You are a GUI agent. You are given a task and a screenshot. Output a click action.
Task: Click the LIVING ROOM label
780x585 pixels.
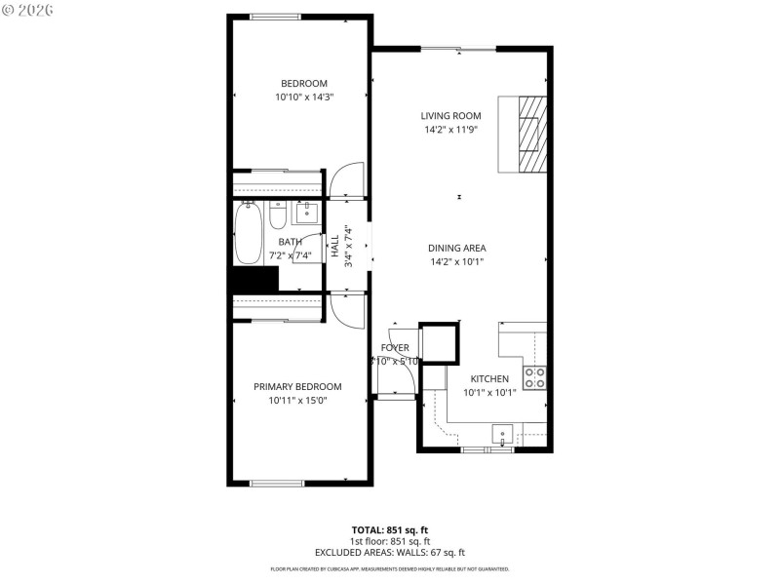(x=451, y=116)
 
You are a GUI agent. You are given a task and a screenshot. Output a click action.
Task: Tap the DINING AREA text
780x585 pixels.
(x=457, y=248)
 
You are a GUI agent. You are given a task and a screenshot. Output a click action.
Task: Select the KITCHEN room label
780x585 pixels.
(x=489, y=378)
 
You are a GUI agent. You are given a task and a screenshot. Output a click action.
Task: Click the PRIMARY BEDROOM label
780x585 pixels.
(x=297, y=386)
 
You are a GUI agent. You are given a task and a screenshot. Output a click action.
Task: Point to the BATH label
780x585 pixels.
(x=290, y=242)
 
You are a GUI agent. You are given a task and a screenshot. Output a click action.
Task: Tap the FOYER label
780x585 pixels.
(x=395, y=347)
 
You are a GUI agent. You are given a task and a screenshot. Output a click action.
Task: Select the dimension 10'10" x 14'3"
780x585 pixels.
(x=304, y=97)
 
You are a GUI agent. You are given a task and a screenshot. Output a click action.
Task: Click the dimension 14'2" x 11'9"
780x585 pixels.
(x=451, y=130)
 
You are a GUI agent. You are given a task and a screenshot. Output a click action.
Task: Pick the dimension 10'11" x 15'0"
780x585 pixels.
(x=297, y=400)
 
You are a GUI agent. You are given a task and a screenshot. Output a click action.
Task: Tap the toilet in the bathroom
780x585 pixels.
(x=278, y=214)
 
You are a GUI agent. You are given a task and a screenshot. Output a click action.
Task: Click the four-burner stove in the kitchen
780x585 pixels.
(x=534, y=377)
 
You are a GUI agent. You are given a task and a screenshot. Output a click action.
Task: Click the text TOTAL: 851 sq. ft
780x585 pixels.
(x=389, y=529)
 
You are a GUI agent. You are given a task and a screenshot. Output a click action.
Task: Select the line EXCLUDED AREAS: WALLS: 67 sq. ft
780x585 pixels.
(x=389, y=552)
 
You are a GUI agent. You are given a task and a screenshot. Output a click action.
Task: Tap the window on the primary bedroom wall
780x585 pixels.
(x=276, y=483)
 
